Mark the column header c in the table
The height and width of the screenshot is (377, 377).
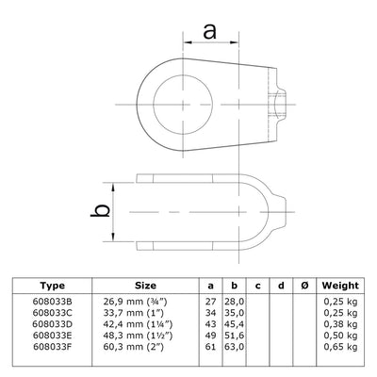[x=256, y=284]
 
